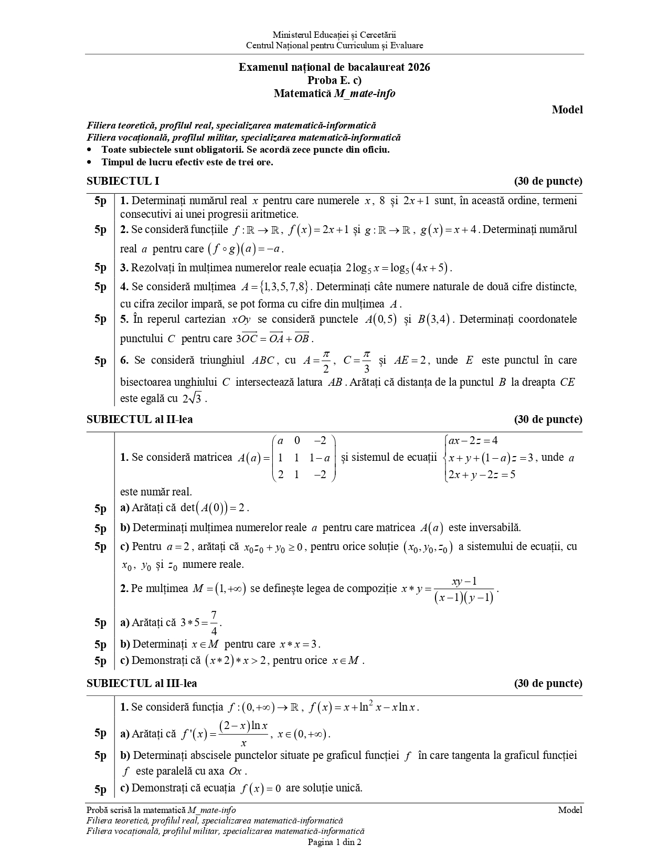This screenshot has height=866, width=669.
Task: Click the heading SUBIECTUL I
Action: [x=123, y=182]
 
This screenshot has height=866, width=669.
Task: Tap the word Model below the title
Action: [x=567, y=110]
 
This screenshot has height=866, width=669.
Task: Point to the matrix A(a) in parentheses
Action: [x=304, y=458]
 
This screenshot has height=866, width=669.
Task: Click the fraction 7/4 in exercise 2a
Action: [x=214, y=623]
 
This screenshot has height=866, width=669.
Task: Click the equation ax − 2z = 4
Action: [x=473, y=440]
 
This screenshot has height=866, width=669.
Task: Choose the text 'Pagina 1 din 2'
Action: [x=334, y=842]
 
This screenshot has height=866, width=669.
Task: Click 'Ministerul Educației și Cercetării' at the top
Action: [x=334, y=35]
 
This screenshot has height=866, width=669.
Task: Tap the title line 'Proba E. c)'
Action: [x=334, y=80]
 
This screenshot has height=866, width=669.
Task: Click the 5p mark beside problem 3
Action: [x=100, y=268]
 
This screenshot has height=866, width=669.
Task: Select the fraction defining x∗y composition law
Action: [x=464, y=590]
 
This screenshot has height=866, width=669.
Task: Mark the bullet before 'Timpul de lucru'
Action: [x=90, y=162]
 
